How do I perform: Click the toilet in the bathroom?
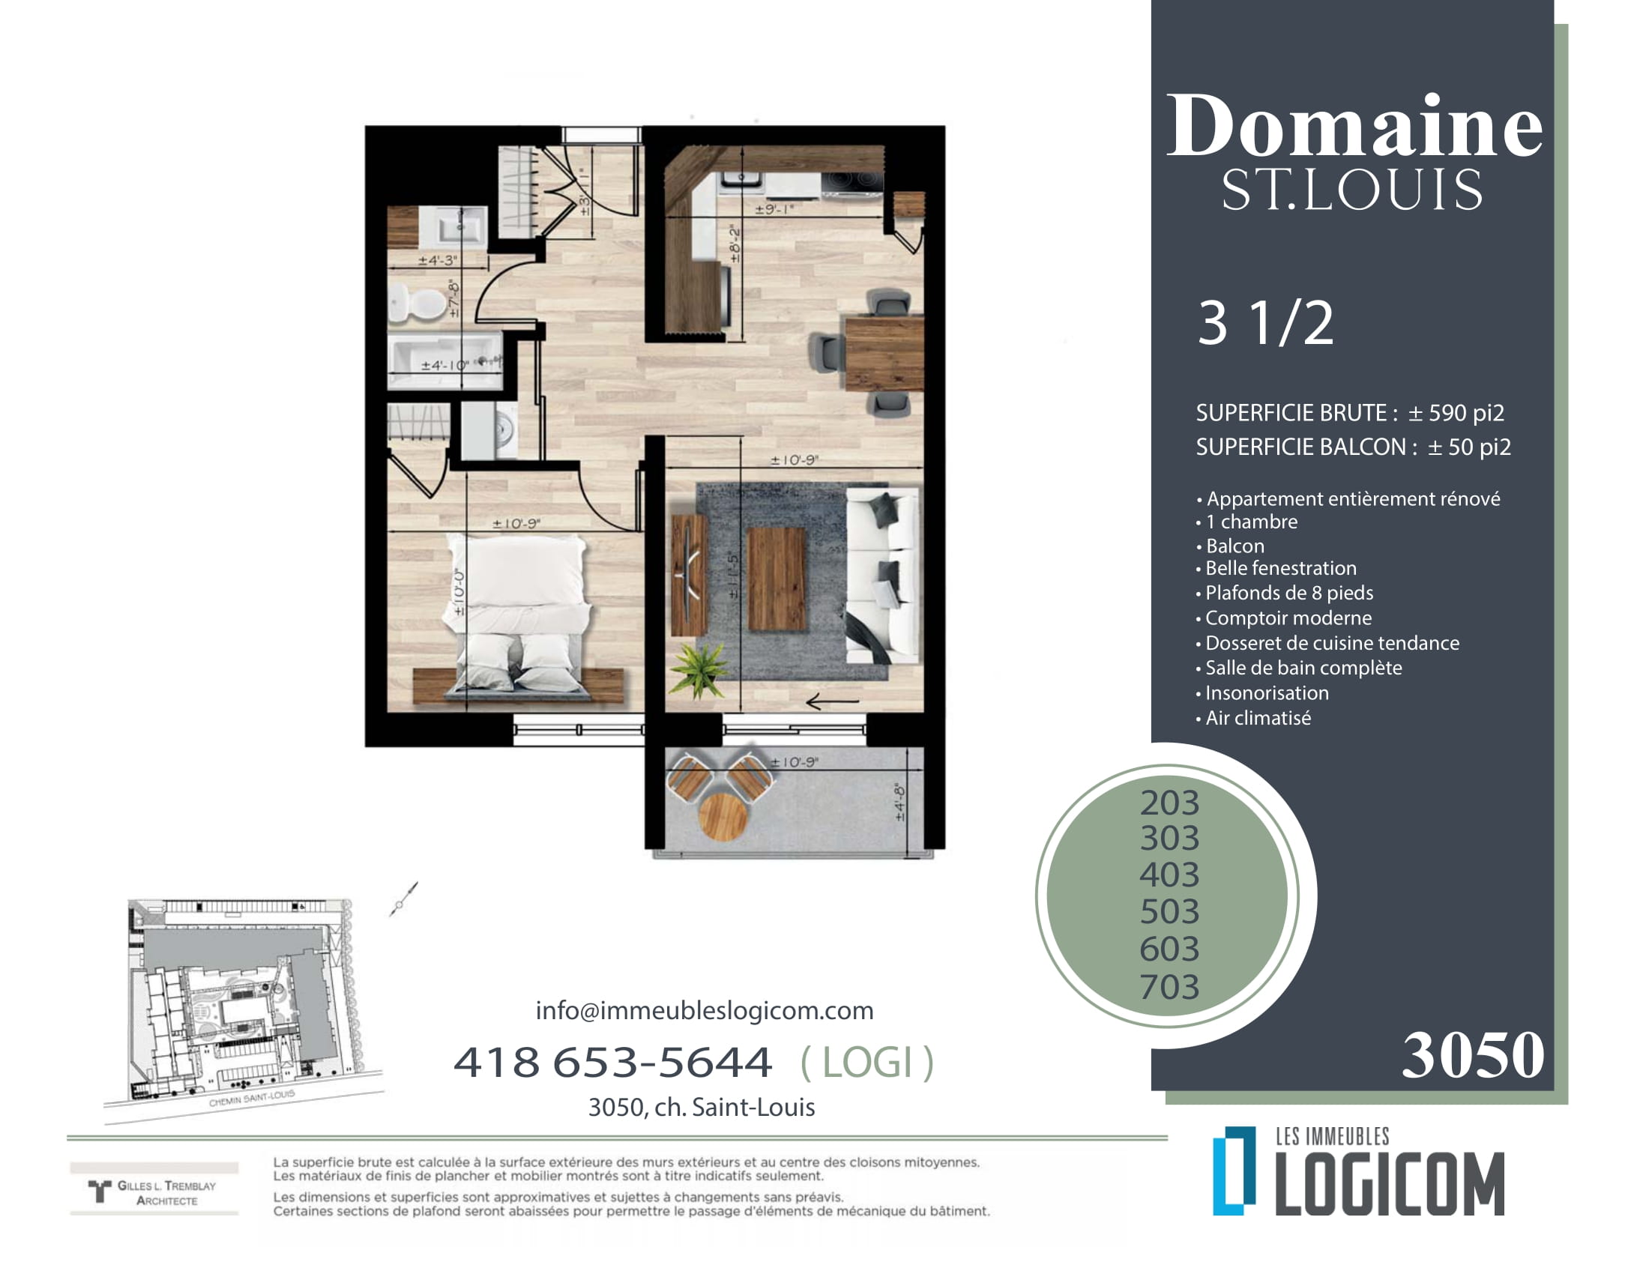pyautogui.click(x=416, y=304)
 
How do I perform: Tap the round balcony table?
pyautogui.click(x=723, y=815)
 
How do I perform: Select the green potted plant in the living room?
pyautogui.click(x=699, y=668)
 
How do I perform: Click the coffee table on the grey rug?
pyautogui.click(x=777, y=579)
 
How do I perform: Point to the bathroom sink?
pyautogui.click(x=452, y=225)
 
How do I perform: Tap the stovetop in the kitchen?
pyautogui.click(x=852, y=184)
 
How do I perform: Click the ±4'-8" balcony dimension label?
pyautogui.click(x=899, y=802)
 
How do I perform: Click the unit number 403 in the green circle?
pyautogui.click(x=1169, y=875)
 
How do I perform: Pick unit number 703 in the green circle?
pyautogui.click(x=1169, y=986)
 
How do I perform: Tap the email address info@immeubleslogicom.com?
pyautogui.click(x=705, y=1010)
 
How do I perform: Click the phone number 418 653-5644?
pyautogui.click(x=612, y=1062)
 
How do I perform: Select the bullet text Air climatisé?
pyautogui.click(x=1258, y=718)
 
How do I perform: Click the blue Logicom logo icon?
pyautogui.click(x=1234, y=1171)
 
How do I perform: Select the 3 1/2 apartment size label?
pyautogui.click(x=1266, y=323)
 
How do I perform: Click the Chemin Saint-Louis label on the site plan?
pyautogui.click(x=251, y=1099)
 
